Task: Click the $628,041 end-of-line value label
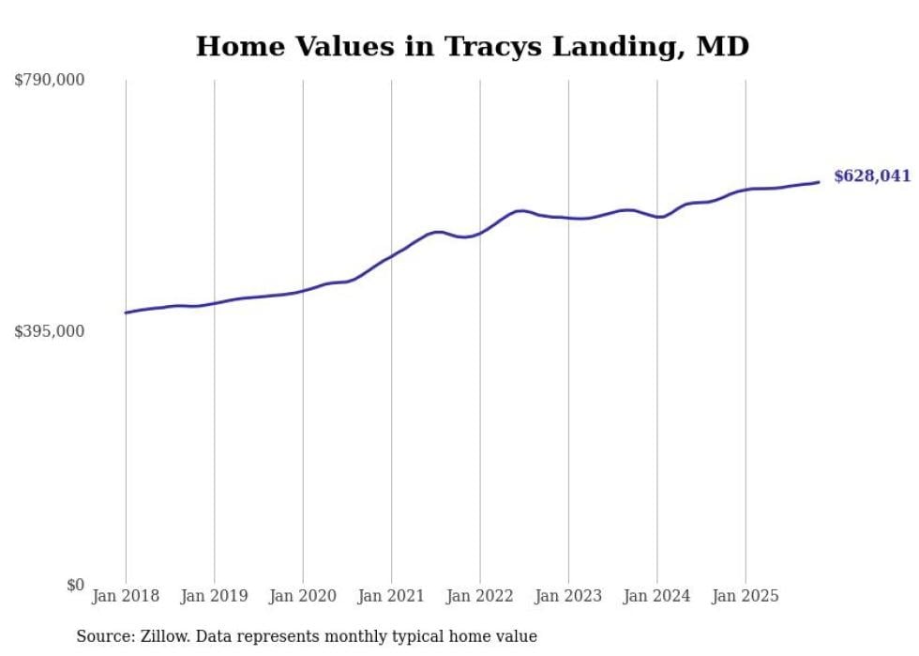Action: click(871, 176)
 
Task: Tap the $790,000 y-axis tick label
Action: click(50, 81)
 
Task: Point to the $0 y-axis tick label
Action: click(75, 585)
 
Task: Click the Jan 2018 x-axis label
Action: click(126, 596)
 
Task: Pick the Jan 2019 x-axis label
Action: click(214, 596)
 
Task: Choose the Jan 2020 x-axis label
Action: click(303, 596)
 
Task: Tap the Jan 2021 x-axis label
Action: click(391, 596)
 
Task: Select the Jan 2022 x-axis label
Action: click(480, 596)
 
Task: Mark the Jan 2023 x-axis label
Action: click(568, 596)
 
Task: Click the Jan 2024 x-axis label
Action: click(657, 596)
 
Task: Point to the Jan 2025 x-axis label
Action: click(746, 596)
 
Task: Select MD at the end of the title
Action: click(722, 47)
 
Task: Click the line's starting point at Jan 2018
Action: click(126, 313)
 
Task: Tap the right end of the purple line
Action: click(819, 182)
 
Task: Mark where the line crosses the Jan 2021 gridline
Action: click(391, 255)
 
